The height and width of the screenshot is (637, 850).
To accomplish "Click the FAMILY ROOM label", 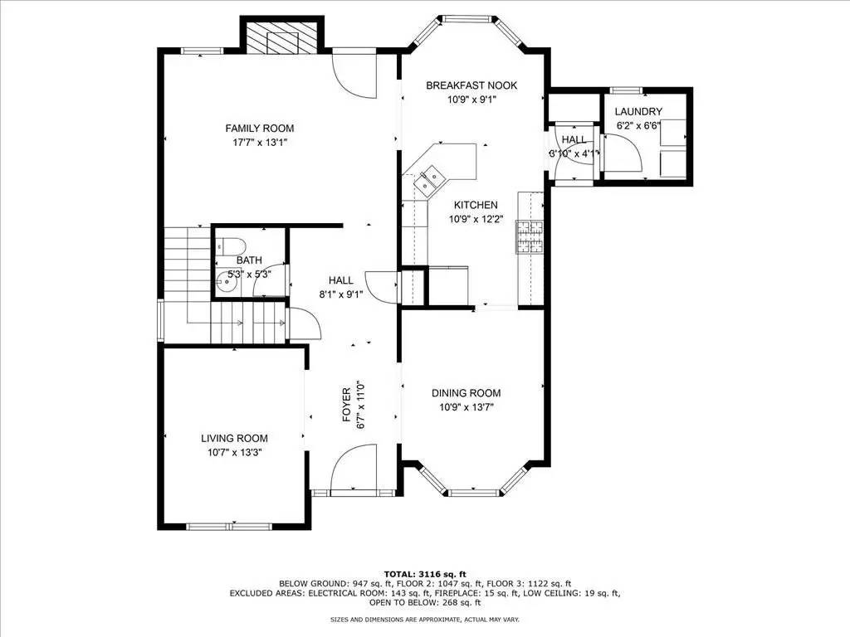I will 260,128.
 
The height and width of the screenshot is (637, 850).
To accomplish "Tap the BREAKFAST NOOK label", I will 471,85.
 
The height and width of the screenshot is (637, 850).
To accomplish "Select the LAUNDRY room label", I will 638,111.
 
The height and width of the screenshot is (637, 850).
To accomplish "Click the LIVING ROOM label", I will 234,438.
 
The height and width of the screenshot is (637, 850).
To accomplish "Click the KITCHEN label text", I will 475,205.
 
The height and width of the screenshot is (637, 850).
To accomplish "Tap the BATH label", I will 249,260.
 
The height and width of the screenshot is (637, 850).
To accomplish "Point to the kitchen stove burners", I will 529,236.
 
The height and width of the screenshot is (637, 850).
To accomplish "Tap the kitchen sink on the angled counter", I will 431,177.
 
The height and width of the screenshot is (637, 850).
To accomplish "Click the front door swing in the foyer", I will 354,469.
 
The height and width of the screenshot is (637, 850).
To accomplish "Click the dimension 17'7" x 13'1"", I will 260,142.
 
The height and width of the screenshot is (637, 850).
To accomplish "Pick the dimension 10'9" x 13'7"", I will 467,406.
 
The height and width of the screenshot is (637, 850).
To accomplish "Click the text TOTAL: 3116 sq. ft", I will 424,573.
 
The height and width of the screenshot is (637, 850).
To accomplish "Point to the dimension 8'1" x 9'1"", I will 340,294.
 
